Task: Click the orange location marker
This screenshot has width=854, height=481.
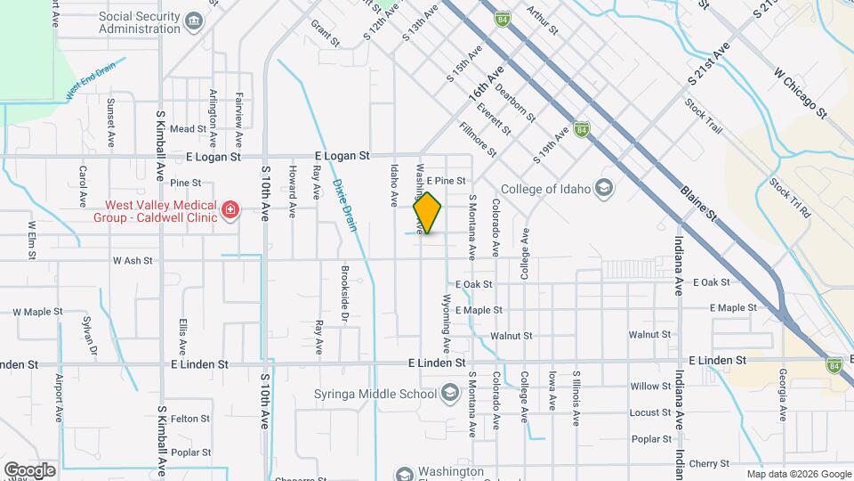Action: coord(428,213)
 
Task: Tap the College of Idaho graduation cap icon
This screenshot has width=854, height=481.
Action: coord(604,188)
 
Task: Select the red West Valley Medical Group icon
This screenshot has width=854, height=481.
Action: coord(230,210)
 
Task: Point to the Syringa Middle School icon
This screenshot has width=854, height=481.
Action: coord(450,394)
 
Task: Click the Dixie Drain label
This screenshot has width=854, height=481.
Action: coord(344,206)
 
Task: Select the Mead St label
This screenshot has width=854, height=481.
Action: coord(188,129)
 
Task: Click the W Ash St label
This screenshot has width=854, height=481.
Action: coord(133,261)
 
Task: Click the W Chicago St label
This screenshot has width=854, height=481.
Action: coord(801,93)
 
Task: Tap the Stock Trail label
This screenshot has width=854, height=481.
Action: coord(703,117)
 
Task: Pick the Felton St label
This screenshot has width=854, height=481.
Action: coord(189,418)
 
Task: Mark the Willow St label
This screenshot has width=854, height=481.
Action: coord(650,387)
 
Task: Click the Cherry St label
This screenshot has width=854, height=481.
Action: coord(708,463)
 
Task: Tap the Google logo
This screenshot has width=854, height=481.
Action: coord(29,469)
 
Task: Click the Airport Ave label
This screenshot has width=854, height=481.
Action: coord(60,397)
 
